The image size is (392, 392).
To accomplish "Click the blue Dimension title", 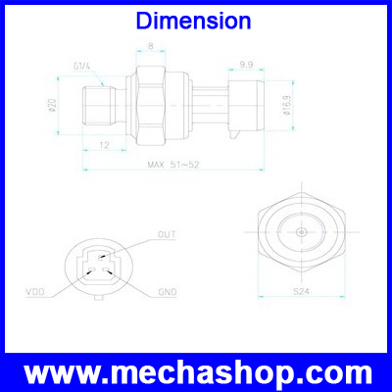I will click(196, 21).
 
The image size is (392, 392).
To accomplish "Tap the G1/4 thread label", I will click(81, 66).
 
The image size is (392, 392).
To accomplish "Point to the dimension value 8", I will click(150, 45).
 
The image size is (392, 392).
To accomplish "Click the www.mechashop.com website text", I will click(196, 373).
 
